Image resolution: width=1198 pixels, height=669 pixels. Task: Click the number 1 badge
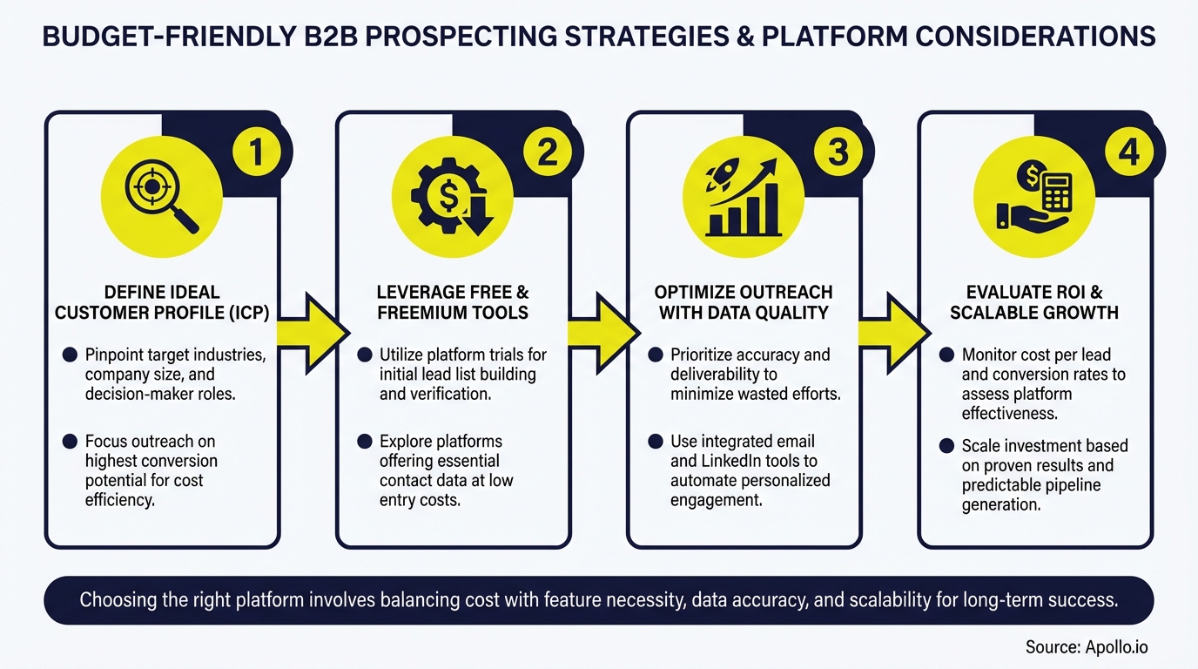255,153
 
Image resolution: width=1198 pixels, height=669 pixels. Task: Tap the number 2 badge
546,153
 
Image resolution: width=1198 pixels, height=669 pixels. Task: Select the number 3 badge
837,153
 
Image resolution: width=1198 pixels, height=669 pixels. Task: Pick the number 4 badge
1127,153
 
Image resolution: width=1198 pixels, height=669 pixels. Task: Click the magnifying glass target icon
162,196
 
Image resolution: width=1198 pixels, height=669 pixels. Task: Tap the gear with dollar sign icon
453,197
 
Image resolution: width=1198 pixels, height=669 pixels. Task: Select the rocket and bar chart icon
743,197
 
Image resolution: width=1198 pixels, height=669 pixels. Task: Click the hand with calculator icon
1034,197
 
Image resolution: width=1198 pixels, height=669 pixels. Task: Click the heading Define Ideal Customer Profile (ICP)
162,301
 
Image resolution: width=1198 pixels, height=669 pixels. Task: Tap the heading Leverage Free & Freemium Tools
453,301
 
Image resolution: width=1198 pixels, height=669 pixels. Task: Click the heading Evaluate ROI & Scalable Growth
1034,301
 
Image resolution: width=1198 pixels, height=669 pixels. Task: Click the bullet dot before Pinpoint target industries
70,355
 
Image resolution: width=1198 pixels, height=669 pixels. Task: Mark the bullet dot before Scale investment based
946,446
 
